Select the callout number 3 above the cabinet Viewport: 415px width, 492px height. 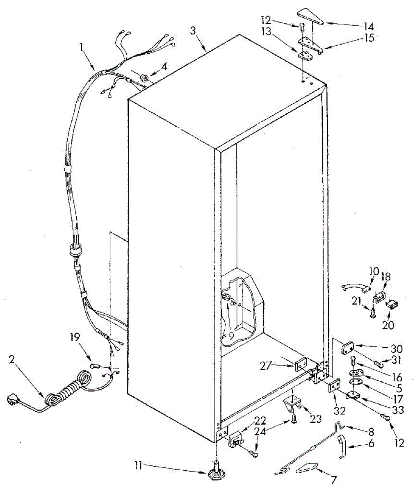point(194,31)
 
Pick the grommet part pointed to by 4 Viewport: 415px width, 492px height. point(144,77)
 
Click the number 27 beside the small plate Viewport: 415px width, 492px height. point(267,365)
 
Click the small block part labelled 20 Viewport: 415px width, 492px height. point(392,304)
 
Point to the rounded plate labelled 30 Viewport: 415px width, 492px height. point(349,348)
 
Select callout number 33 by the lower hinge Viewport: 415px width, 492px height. point(397,409)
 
